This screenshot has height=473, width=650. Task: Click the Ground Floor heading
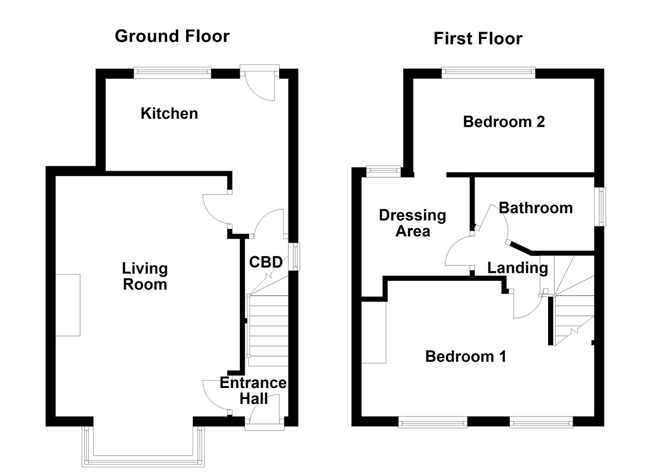(172, 36)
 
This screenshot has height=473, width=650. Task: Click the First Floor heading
(478, 39)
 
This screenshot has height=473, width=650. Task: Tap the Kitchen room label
(169, 113)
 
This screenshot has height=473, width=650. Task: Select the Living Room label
(144, 276)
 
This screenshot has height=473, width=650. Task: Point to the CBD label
(266, 262)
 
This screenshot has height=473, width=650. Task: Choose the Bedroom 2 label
(504, 121)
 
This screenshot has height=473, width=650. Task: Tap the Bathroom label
(535, 208)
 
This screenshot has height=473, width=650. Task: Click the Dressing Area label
(412, 223)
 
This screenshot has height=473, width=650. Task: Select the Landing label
(517, 268)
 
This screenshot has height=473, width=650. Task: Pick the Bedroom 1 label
(466, 356)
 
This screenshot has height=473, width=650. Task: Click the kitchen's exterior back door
(260, 83)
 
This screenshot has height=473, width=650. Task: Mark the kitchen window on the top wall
(172, 73)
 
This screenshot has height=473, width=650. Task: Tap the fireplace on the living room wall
(68, 305)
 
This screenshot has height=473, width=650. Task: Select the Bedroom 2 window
(488, 73)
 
